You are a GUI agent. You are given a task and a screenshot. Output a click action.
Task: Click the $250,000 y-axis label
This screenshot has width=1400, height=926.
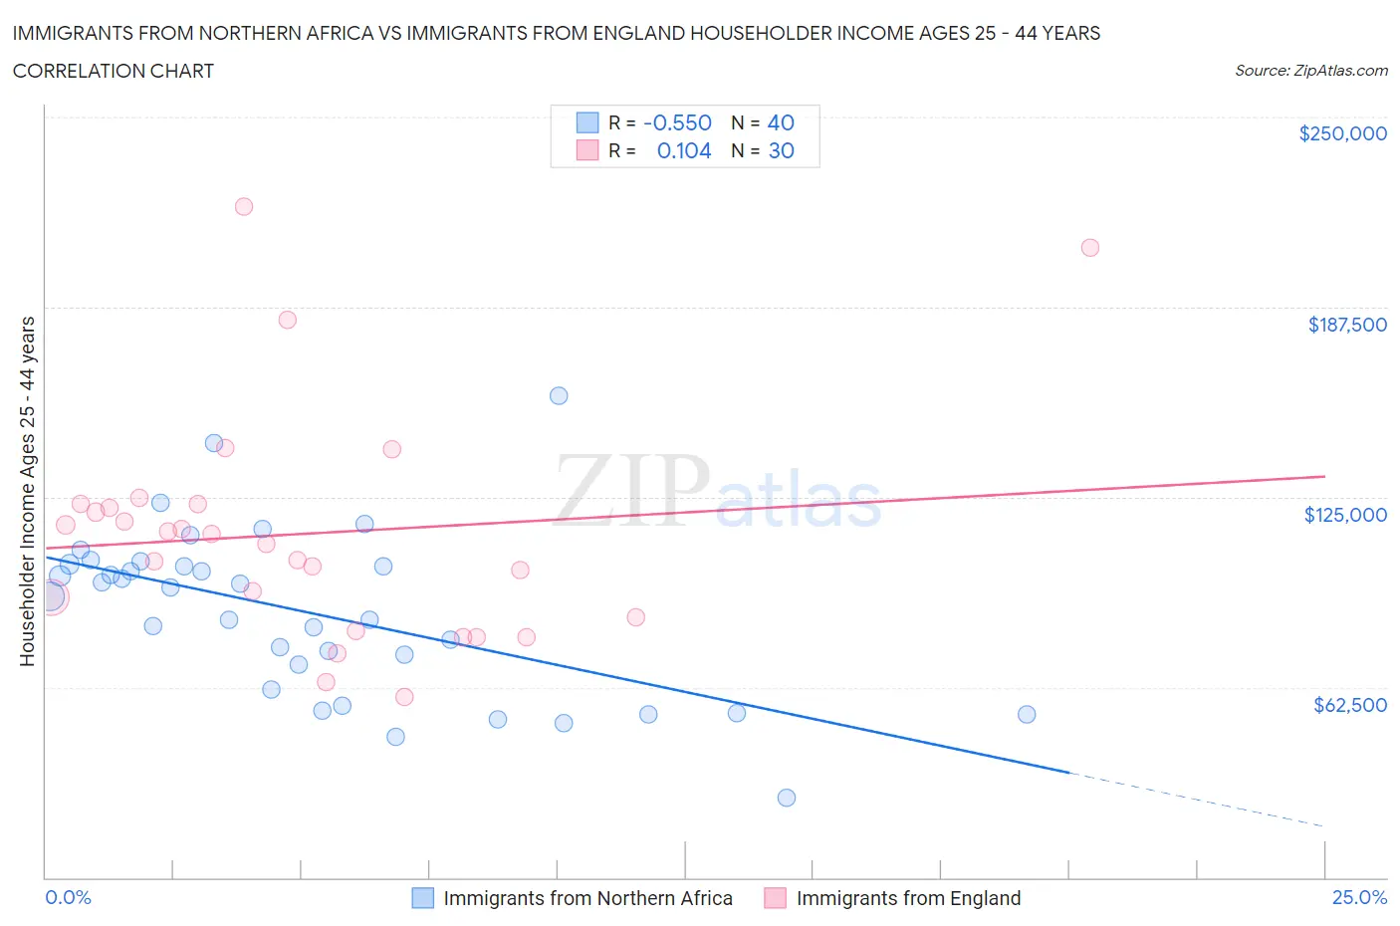pos(1342,134)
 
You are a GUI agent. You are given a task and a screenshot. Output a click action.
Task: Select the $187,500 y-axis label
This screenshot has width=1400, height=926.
pos(1347,325)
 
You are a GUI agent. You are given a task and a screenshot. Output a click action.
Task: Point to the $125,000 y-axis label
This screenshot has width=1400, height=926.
pos(1345,515)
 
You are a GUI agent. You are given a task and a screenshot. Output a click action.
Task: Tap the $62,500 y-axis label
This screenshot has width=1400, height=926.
pos(1349,705)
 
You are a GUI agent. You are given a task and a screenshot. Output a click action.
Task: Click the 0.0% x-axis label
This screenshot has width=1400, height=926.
pos(68,897)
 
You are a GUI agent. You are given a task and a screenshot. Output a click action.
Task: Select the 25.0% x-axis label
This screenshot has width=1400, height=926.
pos(1359,897)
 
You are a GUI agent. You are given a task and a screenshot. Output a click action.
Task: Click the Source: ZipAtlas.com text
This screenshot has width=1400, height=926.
pos(1310,71)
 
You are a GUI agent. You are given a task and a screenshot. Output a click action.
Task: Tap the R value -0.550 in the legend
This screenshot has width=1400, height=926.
pos(677,122)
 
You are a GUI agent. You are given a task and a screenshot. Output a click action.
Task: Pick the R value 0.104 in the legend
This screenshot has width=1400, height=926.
pos(684,150)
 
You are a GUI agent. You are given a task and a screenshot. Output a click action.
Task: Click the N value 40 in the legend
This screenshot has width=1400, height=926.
pos(781,122)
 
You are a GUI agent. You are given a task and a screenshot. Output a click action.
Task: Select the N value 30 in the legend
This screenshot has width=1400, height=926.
pos(781,150)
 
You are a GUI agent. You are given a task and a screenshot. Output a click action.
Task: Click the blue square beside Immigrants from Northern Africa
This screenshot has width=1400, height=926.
pos(423,898)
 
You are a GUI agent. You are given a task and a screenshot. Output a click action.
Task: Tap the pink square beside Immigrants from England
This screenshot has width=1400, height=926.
pos(775,898)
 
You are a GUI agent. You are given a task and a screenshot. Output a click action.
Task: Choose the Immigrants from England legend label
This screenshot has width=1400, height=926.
pos(908,898)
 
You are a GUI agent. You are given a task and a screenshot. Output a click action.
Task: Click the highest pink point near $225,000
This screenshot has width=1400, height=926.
pos(244,207)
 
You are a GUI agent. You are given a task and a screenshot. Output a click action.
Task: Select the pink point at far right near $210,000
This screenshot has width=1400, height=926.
pos(1090,248)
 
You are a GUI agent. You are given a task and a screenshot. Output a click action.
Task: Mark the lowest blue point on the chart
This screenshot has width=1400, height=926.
pos(787,798)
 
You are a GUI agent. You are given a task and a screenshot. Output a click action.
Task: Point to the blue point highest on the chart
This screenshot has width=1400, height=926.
pos(559,396)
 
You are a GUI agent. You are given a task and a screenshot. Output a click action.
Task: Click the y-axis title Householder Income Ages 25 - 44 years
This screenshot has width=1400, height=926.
pos(28,491)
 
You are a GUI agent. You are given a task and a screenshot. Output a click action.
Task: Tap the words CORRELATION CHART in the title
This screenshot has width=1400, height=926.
pos(114,71)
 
